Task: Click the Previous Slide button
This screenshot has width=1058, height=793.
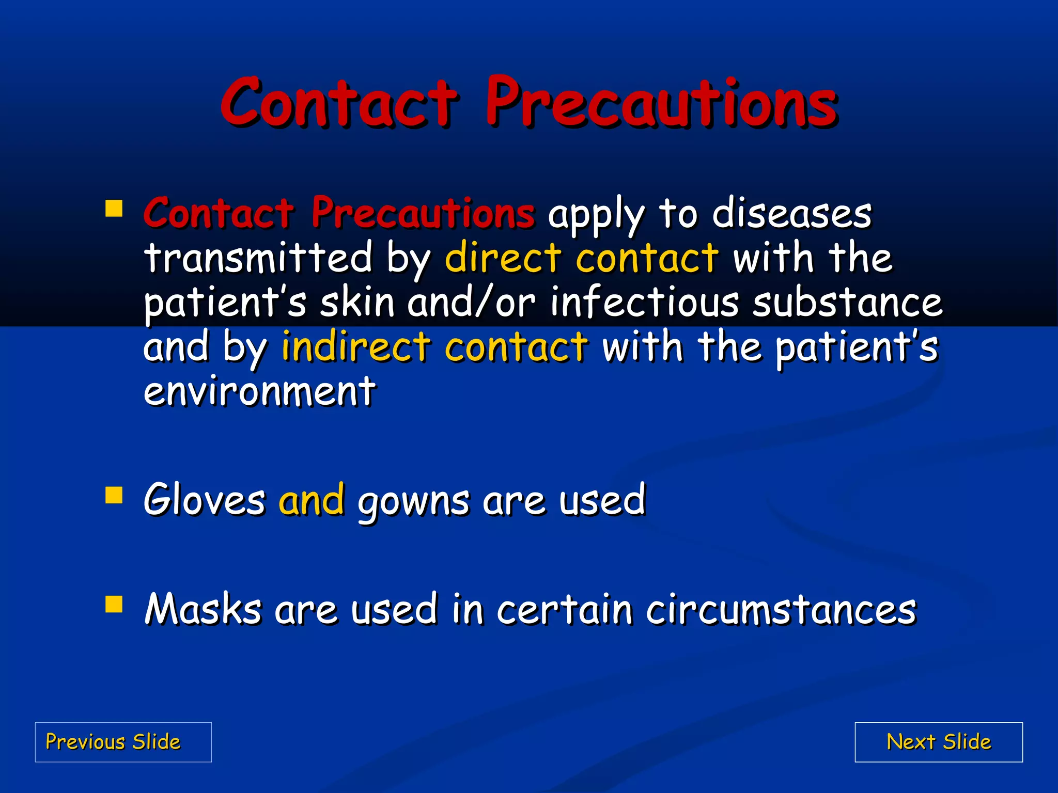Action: coord(123,742)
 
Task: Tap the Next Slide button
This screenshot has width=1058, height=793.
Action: coord(939,742)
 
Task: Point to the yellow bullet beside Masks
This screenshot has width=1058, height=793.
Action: coord(114,604)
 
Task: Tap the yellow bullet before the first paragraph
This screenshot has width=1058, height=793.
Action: coord(114,209)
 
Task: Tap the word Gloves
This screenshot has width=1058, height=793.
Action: coord(205,499)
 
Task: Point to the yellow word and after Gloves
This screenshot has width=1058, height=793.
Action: coord(312,499)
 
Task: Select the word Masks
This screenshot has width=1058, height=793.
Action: coord(203,609)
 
